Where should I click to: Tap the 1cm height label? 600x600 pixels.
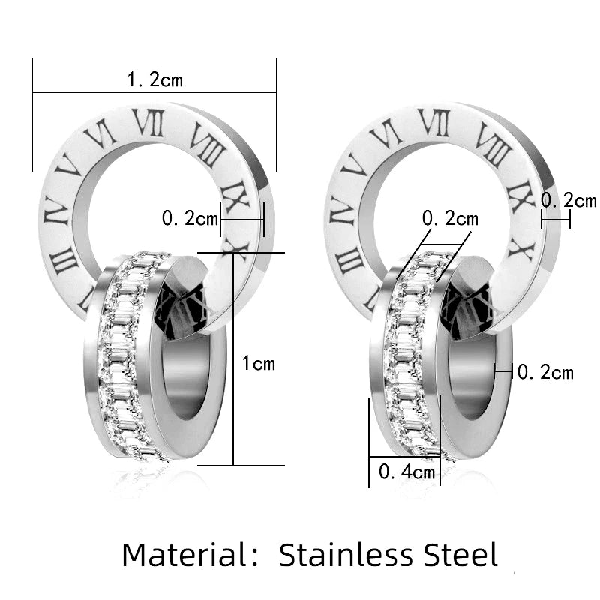click(259, 364)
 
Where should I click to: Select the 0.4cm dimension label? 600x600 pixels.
click(406, 472)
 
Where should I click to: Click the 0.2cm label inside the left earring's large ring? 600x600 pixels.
click(190, 220)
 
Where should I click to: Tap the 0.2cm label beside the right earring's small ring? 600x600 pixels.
click(545, 372)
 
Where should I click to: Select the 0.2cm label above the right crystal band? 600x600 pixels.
click(450, 219)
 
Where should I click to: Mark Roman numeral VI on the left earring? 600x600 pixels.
click(100, 135)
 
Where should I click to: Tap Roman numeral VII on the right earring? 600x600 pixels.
click(433, 122)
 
